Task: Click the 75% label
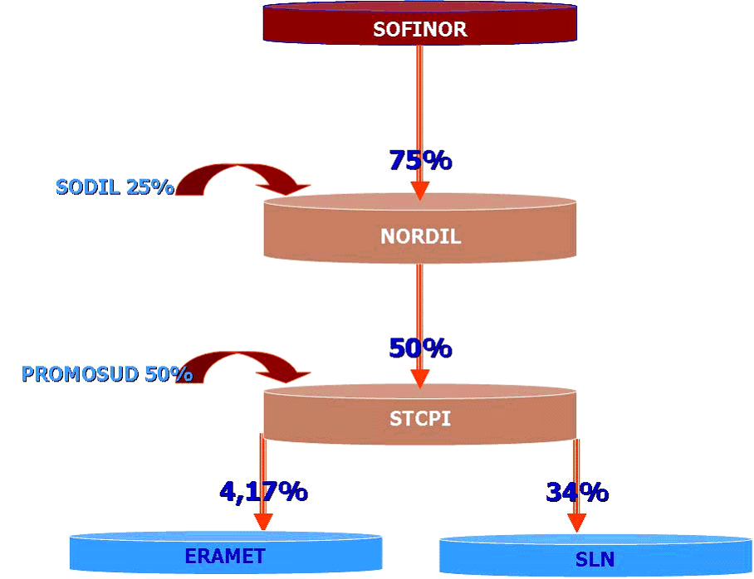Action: pos(420,160)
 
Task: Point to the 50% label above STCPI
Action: pos(420,348)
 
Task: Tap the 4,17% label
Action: pos(263,491)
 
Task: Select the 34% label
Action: pos(577,492)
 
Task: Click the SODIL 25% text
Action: pos(115,187)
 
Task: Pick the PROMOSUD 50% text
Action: pos(107,374)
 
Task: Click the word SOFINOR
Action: pos(419,30)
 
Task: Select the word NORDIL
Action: pos(420,236)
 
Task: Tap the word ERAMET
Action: pos(224,556)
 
